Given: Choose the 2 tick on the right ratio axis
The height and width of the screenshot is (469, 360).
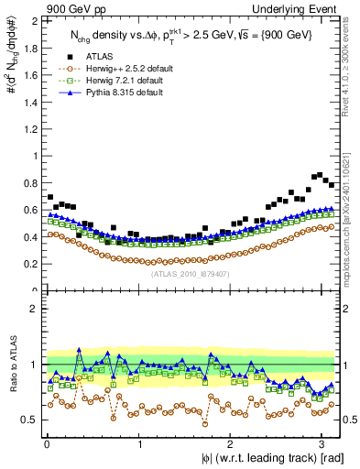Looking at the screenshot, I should (x=346, y=309).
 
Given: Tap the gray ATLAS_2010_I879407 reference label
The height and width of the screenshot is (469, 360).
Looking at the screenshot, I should (x=189, y=274).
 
